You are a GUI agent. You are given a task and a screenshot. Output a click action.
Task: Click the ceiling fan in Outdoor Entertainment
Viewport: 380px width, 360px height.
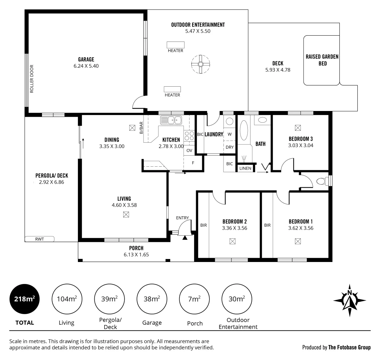click(201, 64)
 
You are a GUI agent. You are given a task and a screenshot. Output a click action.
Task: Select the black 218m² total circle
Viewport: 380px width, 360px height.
click(25, 299)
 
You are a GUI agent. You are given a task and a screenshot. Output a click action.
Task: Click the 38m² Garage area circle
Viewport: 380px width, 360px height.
click(152, 299)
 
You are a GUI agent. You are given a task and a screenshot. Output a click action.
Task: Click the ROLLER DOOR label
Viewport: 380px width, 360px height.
click(32, 79)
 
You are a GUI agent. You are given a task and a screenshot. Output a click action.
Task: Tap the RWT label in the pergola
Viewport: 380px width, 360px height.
click(40, 239)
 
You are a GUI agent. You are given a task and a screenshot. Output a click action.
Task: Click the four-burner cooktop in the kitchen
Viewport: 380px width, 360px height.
click(189, 136)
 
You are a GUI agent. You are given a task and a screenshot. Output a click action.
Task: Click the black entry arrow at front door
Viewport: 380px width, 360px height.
click(185, 237)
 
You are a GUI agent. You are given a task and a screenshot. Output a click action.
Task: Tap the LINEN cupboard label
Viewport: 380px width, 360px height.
click(245, 168)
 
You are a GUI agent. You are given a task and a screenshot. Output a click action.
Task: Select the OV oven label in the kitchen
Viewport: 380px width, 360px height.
click(189, 151)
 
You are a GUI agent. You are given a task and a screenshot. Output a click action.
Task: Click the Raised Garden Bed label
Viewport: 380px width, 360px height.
click(322, 60)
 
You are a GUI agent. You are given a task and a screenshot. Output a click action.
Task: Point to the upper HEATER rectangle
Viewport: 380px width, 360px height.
click(176, 45)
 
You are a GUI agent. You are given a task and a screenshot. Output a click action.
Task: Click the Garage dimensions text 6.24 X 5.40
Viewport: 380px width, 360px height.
click(86, 66)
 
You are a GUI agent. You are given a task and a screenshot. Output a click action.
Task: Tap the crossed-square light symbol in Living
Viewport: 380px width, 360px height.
click(126, 215)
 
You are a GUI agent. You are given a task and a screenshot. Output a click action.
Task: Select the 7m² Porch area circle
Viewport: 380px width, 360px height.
click(194, 299)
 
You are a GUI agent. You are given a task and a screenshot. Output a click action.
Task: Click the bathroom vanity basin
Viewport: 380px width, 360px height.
click(263, 120)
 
